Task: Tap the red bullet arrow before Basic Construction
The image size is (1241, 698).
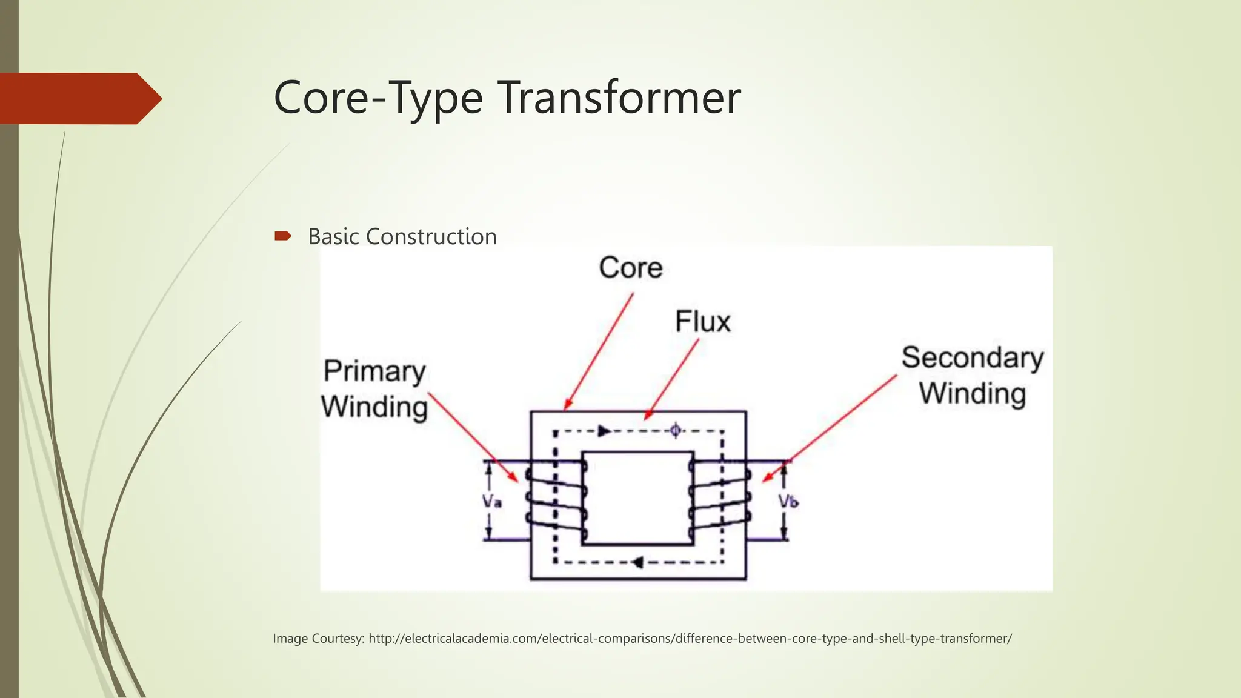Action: tap(282, 236)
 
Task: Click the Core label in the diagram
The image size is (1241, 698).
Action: tap(631, 268)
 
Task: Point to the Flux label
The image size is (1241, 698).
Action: tap(703, 322)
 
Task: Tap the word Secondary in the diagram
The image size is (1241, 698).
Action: tap(972, 357)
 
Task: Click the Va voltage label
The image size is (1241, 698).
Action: tap(491, 502)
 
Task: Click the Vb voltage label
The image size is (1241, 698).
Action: tap(788, 502)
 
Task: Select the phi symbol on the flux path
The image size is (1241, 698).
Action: tap(675, 431)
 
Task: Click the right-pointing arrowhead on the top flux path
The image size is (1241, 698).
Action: tap(604, 431)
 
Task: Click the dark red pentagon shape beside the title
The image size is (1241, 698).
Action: tap(79, 99)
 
